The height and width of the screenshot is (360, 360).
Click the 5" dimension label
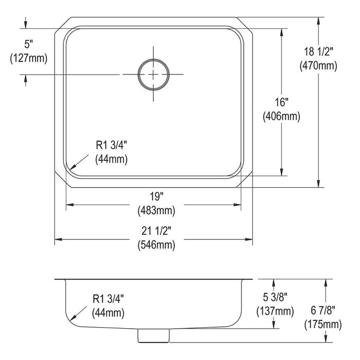pos(29,44)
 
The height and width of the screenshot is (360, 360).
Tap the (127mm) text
pos(29,58)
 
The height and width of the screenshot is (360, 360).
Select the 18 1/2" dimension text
pos(318,51)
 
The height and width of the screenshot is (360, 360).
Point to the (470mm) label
pos(318,66)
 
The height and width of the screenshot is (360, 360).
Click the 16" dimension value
pos(282,102)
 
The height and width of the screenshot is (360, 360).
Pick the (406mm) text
pos(281,116)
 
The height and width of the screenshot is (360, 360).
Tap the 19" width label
pos(156,196)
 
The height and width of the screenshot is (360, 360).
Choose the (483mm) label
pos(156,210)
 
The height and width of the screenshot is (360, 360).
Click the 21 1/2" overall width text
pos(156,231)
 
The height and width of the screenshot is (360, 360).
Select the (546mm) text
pos(156,245)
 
